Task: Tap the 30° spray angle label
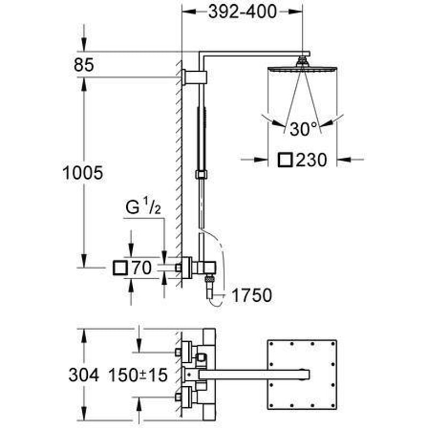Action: pyautogui.click(x=304, y=129)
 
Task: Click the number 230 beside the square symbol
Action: pyautogui.click(x=311, y=159)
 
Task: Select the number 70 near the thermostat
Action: pyautogui.click(x=141, y=267)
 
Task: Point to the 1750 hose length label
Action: pyautogui.click(x=251, y=295)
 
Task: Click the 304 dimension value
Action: pyautogui.click(x=83, y=375)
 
